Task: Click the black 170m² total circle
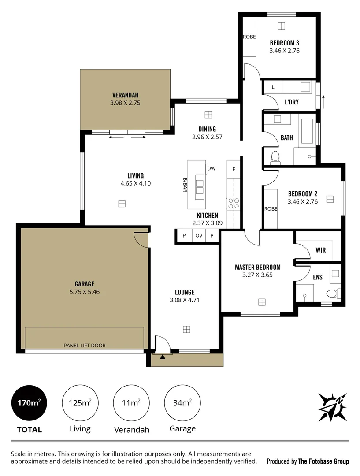click(29, 403)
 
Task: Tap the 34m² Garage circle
click(182, 402)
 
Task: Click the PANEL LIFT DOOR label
click(84, 346)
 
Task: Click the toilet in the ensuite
click(332, 293)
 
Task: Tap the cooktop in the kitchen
click(233, 203)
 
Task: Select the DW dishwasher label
click(211, 168)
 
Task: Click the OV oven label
click(199, 236)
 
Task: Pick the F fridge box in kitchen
click(234, 169)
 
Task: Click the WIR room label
click(320, 250)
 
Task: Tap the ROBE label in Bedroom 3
click(249, 37)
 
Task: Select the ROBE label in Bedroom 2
click(271, 209)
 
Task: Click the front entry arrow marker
click(163, 357)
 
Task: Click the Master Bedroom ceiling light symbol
click(262, 302)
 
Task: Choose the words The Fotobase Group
click(323, 461)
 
